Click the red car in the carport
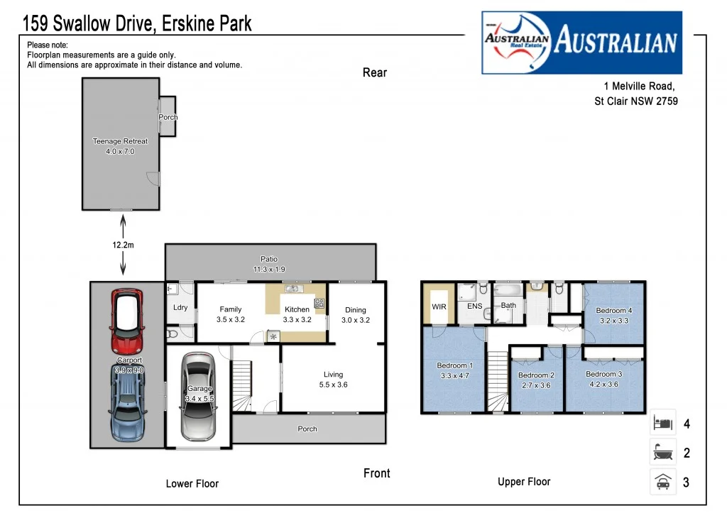(x=127, y=321)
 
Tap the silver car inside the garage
(x=198, y=396)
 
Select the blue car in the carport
(x=127, y=401)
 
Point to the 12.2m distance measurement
(x=123, y=245)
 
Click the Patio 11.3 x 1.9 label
(x=269, y=264)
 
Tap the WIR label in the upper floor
(x=439, y=307)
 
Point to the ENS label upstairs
(x=474, y=307)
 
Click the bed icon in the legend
(x=662, y=424)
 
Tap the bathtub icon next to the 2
(x=662, y=452)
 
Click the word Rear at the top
(x=375, y=72)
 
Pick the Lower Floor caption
(x=192, y=483)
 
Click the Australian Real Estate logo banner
(x=581, y=43)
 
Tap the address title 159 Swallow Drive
(x=137, y=24)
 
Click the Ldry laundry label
(x=180, y=308)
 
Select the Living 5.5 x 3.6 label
(x=333, y=380)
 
